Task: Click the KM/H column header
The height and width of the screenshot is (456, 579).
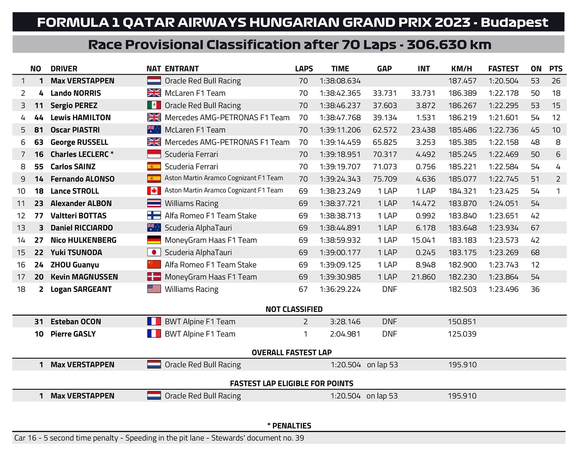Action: coord(461,69)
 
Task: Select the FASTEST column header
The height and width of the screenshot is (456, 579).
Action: coord(503,69)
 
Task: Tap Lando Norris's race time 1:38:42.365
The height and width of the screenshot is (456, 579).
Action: coord(340,93)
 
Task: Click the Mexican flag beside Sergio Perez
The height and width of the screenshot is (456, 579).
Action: coord(154,105)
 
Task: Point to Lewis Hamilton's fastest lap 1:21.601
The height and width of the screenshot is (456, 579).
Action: coord(503,117)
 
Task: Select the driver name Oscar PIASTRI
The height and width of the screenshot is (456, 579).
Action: coord(75,130)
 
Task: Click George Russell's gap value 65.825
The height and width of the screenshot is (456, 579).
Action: coord(385,142)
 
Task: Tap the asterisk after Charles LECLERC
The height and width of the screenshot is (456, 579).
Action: coord(112,153)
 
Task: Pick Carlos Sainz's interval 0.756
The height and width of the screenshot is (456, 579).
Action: coord(426,167)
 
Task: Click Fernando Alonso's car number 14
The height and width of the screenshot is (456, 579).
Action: coord(39,179)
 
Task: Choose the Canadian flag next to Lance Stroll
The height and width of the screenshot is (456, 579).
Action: coord(154,191)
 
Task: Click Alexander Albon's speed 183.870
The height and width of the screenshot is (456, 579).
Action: coord(462,203)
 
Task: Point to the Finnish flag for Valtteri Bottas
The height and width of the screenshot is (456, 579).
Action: coord(154,216)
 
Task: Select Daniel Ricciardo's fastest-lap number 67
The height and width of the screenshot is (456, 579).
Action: coord(535,228)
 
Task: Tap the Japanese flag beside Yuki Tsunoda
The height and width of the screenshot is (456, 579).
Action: coord(154,252)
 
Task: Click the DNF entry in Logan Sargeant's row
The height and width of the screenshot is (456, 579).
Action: coord(389,289)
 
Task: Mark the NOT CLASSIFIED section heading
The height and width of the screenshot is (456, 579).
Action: coord(294,309)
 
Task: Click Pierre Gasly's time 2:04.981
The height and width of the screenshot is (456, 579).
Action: coord(345,334)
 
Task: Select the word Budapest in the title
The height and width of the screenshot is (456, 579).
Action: coord(514,22)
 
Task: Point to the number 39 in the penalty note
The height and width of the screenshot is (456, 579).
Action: coord(299,438)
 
